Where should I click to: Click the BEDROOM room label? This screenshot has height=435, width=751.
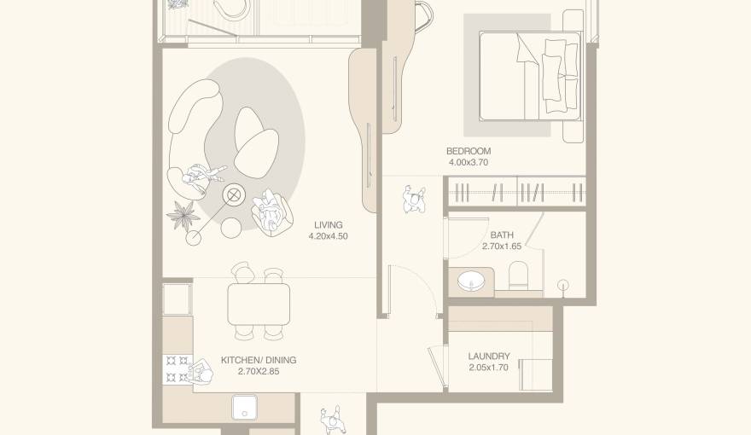tap(469, 151)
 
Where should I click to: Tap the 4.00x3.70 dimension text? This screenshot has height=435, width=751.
tap(469, 162)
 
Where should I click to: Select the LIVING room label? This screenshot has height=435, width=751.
tap(328, 225)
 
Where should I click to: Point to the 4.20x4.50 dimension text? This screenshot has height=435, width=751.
tap(328, 236)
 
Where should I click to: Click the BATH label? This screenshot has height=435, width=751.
tap(502, 235)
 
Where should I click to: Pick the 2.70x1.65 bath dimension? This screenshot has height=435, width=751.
tap(502, 246)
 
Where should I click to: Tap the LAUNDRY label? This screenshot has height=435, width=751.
tap(489, 357)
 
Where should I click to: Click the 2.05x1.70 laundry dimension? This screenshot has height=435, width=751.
tap(489, 368)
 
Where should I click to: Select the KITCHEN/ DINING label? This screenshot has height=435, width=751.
tap(259, 360)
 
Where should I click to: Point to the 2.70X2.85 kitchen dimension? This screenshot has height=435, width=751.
tap(259, 371)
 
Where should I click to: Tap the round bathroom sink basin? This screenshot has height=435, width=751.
tap(469, 279)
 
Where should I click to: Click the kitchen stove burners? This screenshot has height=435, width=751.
tap(177, 368)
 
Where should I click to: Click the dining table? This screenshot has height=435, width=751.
tap(259, 304)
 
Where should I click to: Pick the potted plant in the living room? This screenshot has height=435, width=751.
tap(182, 214)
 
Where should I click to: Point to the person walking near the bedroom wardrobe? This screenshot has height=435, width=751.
tap(414, 200)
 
